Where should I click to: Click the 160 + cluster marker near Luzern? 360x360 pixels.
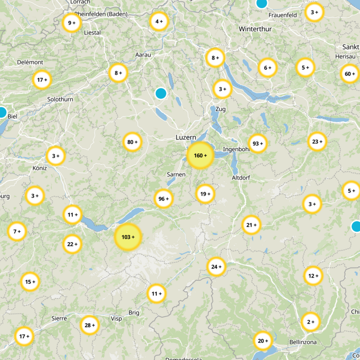[x=200, y=156]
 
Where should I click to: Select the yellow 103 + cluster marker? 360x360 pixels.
[x=128, y=237]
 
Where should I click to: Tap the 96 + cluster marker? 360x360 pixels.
[x=163, y=199]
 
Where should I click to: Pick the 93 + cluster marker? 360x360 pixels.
[x=258, y=144]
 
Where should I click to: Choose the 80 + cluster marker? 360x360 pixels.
[x=132, y=143]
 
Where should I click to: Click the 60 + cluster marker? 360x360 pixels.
[x=350, y=74]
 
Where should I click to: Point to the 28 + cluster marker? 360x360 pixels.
[x=90, y=325]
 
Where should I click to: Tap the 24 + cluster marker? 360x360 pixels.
[x=216, y=267]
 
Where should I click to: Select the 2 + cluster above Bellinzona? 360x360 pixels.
[x=310, y=322]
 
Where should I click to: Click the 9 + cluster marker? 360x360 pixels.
[x=71, y=23]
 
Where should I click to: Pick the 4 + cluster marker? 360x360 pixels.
[x=159, y=21]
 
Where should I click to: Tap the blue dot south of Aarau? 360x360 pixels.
[x=161, y=94]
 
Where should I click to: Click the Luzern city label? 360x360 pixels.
[x=185, y=137]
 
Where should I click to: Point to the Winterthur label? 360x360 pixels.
[x=253, y=29]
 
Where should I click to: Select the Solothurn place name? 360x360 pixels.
[x=60, y=99]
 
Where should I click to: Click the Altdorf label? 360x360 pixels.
[x=240, y=178]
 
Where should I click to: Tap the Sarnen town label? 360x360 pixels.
[x=176, y=174]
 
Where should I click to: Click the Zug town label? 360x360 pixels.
[x=220, y=109]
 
